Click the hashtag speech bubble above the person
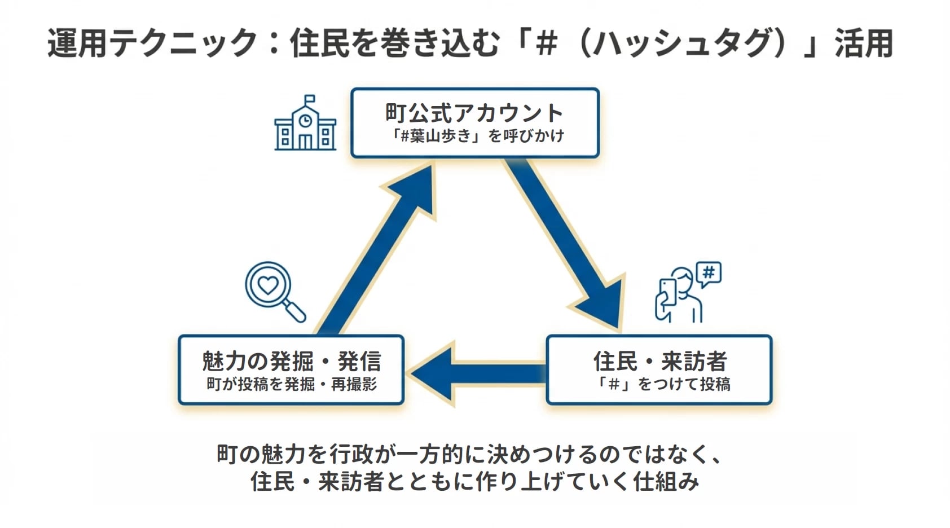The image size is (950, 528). click(709, 274)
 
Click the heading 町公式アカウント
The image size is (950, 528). click(474, 113)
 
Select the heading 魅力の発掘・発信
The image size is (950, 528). click(291, 361)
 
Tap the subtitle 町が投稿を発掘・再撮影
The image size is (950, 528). click(291, 384)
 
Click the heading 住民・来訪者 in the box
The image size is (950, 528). click(659, 361)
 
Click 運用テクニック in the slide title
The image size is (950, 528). click(153, 43)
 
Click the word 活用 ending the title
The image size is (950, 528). click(864, 43)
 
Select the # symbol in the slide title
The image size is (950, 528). click(545, 43)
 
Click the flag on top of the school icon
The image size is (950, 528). click(310, 99)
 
